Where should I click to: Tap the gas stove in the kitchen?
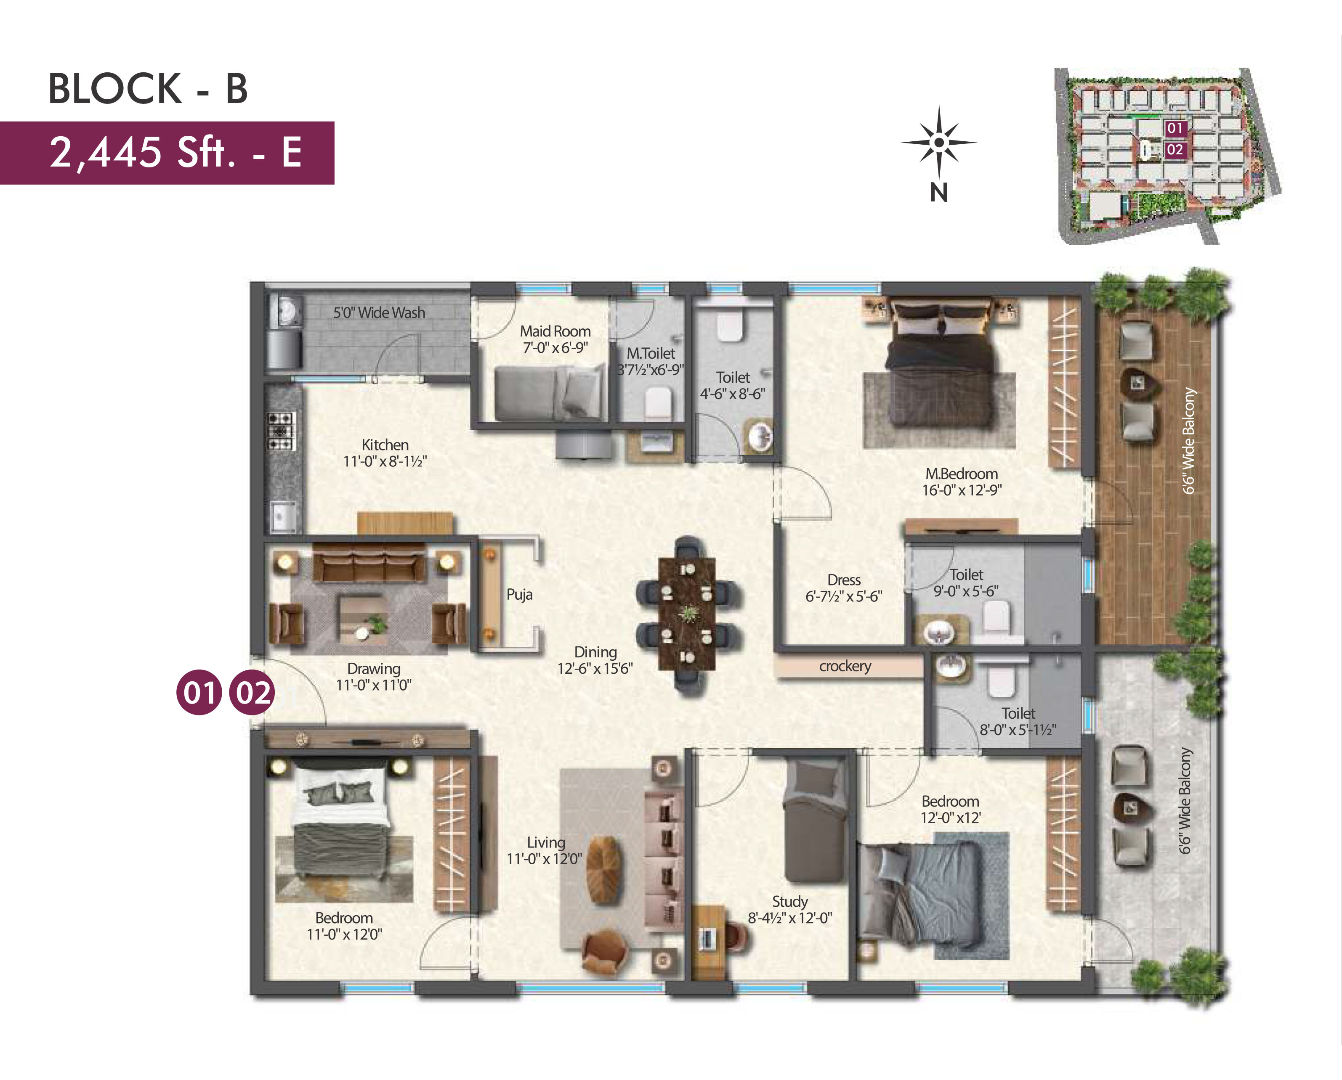(282, 431)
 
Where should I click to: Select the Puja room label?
(519, 595)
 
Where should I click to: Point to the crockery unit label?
(845, 666)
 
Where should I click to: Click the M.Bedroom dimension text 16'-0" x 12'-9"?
(962, 490)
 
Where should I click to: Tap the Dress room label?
(844, 580)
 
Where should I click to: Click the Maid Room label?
(555, 331)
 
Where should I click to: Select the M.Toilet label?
(651, 353)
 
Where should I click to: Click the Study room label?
(790, 901)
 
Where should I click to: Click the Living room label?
(546, 842)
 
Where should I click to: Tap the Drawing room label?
(373, 669)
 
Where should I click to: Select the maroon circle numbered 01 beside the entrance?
(199, 692)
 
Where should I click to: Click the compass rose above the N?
(939, 143)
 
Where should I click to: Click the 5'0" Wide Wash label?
(379, 312)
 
